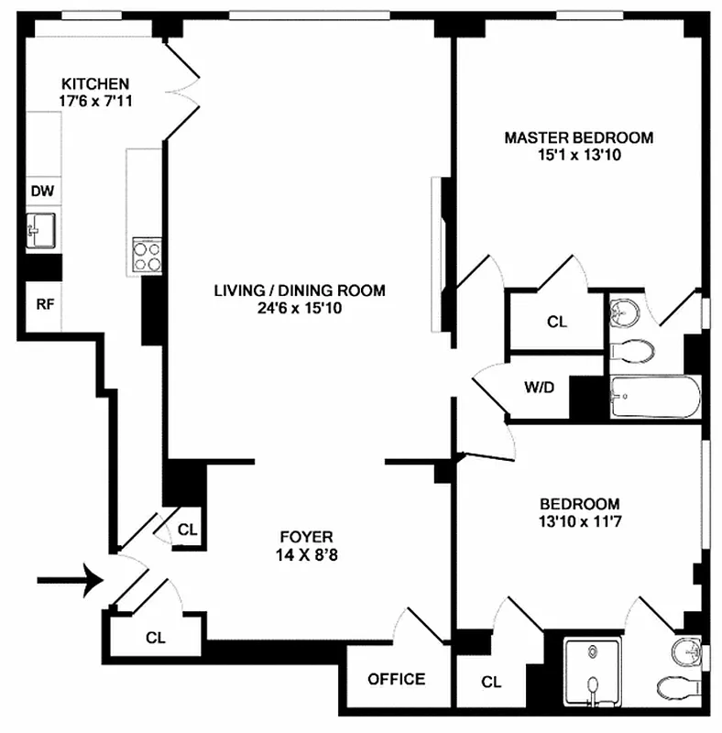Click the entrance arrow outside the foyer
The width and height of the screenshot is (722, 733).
point(69,580)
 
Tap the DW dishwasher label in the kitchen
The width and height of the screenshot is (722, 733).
point(42,191)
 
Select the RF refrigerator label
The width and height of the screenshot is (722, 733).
point(42,303)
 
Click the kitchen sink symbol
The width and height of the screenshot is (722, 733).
point(42,230)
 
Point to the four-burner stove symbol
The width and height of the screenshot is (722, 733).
point(147,254)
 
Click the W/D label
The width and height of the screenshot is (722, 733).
point(539,387)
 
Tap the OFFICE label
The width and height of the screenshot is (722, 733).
point(396,679)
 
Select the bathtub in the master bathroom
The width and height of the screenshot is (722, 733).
point(654,397)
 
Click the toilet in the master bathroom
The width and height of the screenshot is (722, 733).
point(633,349)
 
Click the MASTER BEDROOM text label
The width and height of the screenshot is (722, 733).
point(578,137)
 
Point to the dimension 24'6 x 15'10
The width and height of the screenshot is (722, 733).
point(299,309)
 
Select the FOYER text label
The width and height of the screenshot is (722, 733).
point(306,536)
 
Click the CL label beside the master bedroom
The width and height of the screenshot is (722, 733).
point(556,323)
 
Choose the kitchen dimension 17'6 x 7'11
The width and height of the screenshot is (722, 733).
point(95,101)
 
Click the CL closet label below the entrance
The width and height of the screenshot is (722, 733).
point(154,636)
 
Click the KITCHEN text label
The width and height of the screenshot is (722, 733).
point(94,83)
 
